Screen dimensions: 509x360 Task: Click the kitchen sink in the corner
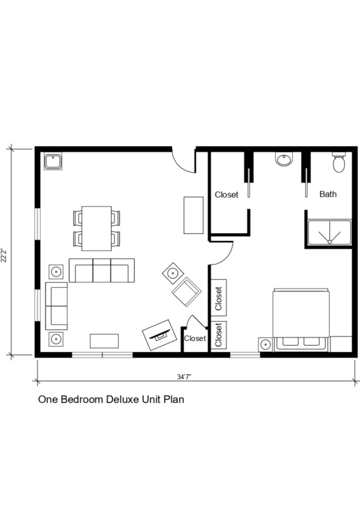(53, 162)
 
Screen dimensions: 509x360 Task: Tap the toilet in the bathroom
(339, 163)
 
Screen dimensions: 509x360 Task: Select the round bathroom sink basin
(283, 160)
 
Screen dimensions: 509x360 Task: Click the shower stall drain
(329, 241)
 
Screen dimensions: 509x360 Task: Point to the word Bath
(328, 194)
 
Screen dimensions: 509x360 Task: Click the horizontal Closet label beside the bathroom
(226, 194)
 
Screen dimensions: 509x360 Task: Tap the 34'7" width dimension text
(183, 377)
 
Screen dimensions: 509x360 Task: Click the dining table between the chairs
(97, 228)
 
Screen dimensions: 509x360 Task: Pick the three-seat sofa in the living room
(102, 271)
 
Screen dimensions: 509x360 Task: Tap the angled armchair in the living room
(186, 292)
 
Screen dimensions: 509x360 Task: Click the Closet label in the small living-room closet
(195, 338)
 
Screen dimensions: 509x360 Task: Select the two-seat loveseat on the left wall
(56, 306)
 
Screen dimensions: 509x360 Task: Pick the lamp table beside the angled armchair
(173, 273)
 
